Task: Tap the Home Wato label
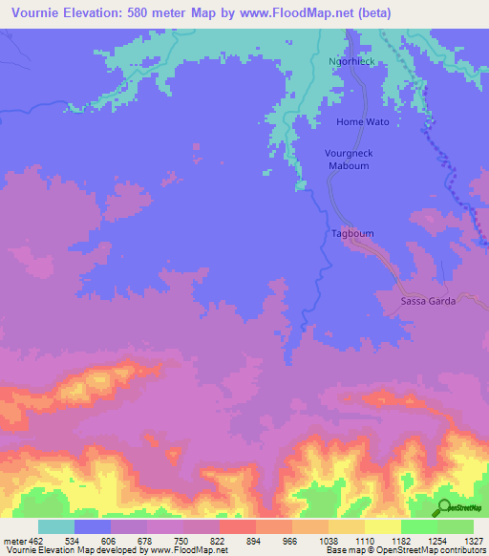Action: point(363,122)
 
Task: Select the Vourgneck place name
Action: point(349,153)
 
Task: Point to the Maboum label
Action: point(349,165)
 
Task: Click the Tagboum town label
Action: point(350,233)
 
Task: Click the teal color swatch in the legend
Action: point(56,526)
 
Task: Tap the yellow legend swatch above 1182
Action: point(383,526)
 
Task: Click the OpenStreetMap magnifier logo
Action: point(444,507)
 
